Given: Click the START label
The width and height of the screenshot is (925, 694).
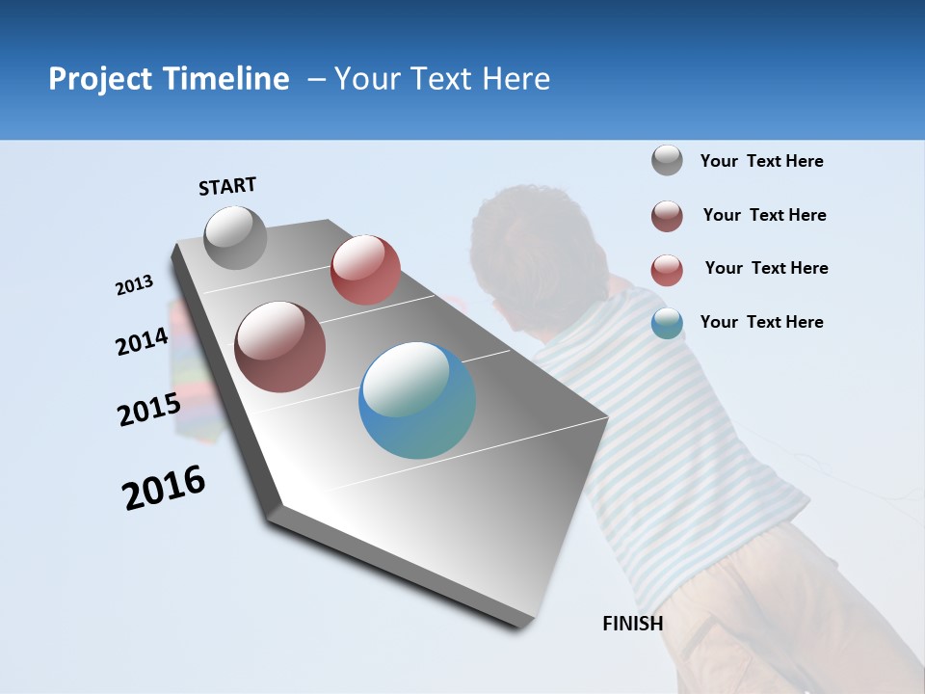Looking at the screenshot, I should point(227,186).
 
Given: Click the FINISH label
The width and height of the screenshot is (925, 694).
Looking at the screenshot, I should point(632,624).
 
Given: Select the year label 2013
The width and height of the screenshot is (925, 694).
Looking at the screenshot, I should point(134,285).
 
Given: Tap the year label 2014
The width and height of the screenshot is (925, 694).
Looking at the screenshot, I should point(142,341).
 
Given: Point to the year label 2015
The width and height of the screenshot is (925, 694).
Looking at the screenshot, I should point(148,410).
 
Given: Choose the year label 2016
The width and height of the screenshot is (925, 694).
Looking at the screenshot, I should point(164,488).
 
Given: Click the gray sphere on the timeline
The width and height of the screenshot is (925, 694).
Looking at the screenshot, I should point(235,237).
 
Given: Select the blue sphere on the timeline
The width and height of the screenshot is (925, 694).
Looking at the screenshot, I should point(417,400).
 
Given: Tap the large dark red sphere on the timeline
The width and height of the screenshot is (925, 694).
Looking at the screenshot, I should point(280,347).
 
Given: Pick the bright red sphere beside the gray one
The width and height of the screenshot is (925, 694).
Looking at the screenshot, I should point(365,270).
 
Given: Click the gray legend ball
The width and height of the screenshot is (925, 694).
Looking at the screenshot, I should point(667,161).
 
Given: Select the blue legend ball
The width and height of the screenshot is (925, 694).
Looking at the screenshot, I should point(667,323).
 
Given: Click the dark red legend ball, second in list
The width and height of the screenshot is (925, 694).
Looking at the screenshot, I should point(667,216).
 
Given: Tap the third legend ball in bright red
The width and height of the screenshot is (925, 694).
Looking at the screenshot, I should point(667,270).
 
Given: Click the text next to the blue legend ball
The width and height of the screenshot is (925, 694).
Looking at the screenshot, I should point(761,322).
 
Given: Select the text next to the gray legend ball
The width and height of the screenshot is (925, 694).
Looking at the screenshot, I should point(761,161).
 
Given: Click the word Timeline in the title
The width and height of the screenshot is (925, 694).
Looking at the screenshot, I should point(226,79).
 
